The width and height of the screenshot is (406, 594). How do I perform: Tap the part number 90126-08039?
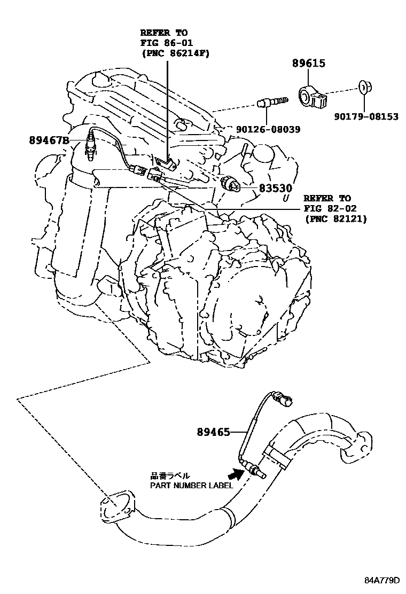pyautogui.click(x=268, y=129)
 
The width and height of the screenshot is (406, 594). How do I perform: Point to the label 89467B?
pyautogui.click(x=49, y=140)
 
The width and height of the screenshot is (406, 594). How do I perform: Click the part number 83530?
pyautogui.click(x=276, y=188)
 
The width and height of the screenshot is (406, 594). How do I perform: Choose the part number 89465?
pyautogui.click(x=214, y=432)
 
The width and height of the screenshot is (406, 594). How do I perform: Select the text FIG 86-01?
pyautogui.click(x=166, y=43)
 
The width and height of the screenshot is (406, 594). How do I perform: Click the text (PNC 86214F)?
pyautogui.click(x=175, y=53)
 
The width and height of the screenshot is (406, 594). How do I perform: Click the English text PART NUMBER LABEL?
pyautogui.click(x=191, y=486)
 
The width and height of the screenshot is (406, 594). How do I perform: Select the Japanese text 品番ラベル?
pyautogui.click(x=169, y=475)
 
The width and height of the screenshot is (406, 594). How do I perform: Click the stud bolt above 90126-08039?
pyautogui.click(x=272, y=101)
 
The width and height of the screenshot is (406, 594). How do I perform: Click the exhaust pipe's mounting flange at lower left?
pyautogui.click(x=113, y=506)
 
